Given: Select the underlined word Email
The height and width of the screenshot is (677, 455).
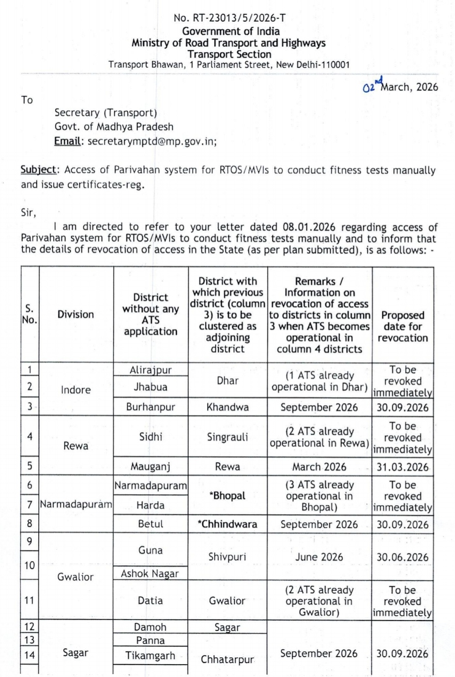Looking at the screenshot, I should click(70, 140).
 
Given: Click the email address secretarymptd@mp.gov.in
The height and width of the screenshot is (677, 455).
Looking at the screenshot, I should click(152, 140).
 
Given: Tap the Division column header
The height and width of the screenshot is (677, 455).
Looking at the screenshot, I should click(76, 314).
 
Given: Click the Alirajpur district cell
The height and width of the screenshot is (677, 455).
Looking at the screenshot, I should click(150, 371).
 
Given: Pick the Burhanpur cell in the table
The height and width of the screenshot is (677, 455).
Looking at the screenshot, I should click(150, 407).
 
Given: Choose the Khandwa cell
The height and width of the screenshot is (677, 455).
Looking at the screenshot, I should click(228, 407).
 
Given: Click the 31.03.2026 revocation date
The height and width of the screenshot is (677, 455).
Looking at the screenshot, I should click(403, 466).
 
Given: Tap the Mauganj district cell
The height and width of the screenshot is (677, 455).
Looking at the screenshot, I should click(150, 466).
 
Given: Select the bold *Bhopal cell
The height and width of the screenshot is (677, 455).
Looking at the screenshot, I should click(228, 495).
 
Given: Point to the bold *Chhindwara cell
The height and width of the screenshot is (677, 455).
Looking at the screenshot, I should click(228, 524).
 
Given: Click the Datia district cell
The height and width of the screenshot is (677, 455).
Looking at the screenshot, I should click(150, 601).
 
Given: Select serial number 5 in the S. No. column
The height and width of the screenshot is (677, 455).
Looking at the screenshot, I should click(30, 466).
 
